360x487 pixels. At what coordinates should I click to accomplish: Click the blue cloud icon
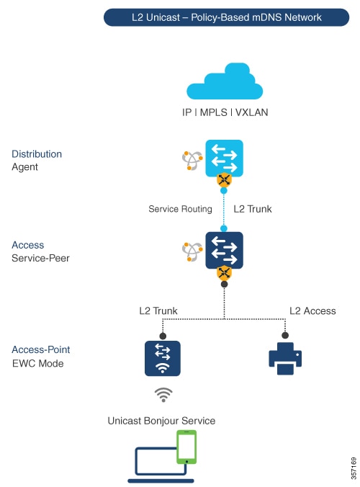225,81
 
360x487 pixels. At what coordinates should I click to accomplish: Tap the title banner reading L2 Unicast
226,17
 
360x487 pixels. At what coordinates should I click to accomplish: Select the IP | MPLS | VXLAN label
225,112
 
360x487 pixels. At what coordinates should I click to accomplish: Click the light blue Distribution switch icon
224,158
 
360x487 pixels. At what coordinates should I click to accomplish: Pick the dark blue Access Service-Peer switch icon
224,250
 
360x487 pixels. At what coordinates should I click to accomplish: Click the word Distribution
37,154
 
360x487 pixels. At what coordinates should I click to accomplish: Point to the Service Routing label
180,209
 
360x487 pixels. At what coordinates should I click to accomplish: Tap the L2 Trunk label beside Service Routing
253,209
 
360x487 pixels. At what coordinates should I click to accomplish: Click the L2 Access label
312,311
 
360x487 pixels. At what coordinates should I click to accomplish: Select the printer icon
285,359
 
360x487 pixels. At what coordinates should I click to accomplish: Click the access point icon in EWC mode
162,359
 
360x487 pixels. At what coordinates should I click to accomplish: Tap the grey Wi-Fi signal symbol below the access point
163,395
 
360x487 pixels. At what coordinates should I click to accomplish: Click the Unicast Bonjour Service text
161,421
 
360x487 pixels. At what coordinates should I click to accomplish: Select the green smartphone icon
186,447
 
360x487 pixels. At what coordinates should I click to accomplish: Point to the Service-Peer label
40,258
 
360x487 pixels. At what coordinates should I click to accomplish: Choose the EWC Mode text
38,363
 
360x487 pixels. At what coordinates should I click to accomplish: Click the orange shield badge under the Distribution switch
224,180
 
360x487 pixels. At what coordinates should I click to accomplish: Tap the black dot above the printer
285,336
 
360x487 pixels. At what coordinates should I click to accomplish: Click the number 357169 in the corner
354,468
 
